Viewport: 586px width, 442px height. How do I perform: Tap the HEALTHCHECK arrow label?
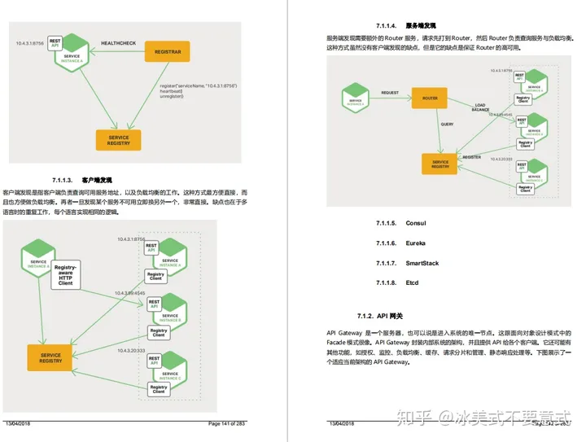click(x=118, y=42)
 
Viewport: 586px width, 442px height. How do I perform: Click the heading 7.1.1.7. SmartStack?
click(x=407, y=264)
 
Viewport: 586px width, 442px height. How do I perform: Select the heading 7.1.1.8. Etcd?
click(x=399, y=283)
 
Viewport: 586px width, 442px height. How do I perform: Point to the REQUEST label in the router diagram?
click(x=390, y=93)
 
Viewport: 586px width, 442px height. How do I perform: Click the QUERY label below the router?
click(x=447, y=125)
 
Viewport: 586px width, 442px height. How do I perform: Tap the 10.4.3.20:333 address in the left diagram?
click(x=131, y=350)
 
